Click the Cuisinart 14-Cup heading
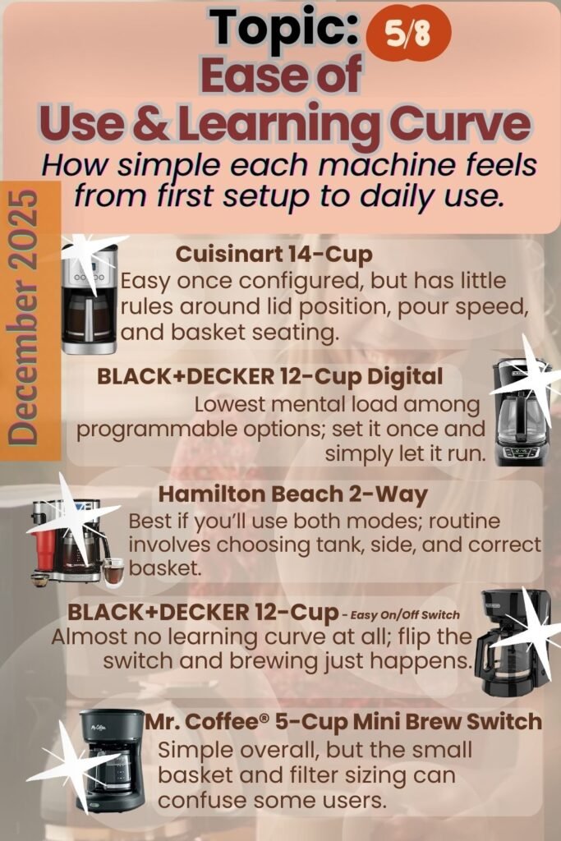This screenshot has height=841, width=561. pyautogui.click(x=274, y=255)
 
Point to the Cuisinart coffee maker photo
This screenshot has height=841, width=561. pyautogui.click(x=89, y=299)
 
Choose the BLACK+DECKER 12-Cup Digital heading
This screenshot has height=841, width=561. pyautogui.click(x=269, y=376)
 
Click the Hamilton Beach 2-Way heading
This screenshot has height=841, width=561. pyautogui.click(x=293, y=494)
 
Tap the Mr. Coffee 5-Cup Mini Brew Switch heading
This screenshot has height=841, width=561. pyautogui.click(x=344, y=722)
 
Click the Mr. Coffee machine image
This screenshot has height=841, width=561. pyautogui.click(x=111, y=761)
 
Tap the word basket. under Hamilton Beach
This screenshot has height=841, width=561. pyautogui.click(x=164, y=568)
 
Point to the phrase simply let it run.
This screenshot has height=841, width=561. pyautogui.click(x=405, y=453)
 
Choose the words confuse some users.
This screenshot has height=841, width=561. pyautogui.click(x=272, y=801)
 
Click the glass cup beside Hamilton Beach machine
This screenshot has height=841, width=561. pyautogui.click(x=113, y=572)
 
